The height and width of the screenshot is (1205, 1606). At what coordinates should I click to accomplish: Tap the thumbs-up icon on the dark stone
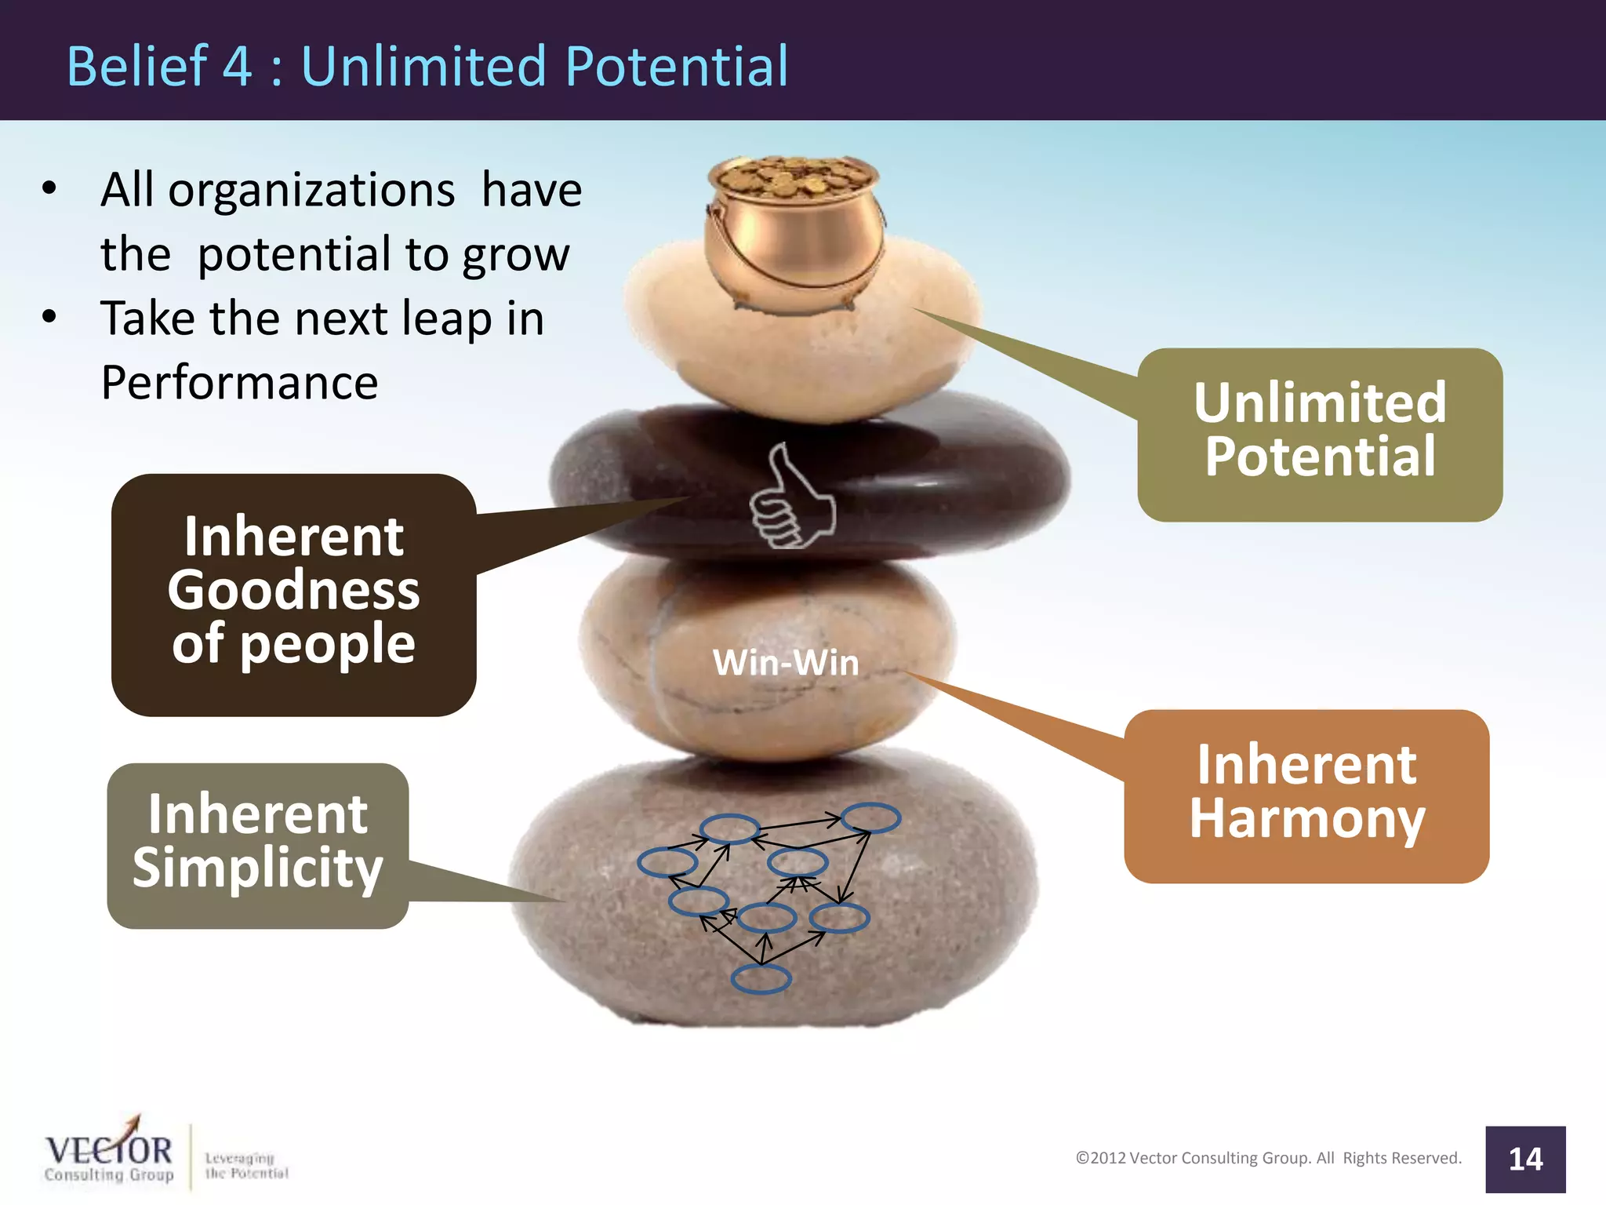point(790,498)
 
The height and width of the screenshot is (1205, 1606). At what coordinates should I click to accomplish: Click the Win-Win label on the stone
point(786,663)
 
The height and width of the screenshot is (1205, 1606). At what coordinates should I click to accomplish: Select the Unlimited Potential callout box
point(1320,434)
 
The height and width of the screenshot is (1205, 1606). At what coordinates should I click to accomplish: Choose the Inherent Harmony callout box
point(1306,795)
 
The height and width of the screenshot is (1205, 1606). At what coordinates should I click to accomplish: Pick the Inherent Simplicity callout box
point(257,843)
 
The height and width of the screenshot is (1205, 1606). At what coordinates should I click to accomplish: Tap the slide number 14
point(1525,1159)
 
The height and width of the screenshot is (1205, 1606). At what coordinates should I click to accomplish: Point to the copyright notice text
point(1268,1158)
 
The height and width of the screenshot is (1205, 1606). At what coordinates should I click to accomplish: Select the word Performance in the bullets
point(239,383)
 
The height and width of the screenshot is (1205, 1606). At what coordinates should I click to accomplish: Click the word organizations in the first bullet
point(311,191)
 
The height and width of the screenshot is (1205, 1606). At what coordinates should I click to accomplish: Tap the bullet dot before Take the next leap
point(49,317)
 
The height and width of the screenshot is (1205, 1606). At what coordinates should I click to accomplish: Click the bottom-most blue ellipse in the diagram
point(761,978)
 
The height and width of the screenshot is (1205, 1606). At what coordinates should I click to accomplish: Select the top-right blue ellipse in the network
point(870,817)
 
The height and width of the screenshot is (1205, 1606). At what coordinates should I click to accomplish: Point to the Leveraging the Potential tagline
point(245,1166)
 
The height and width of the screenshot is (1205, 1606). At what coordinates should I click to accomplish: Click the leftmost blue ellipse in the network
point(667,862)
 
